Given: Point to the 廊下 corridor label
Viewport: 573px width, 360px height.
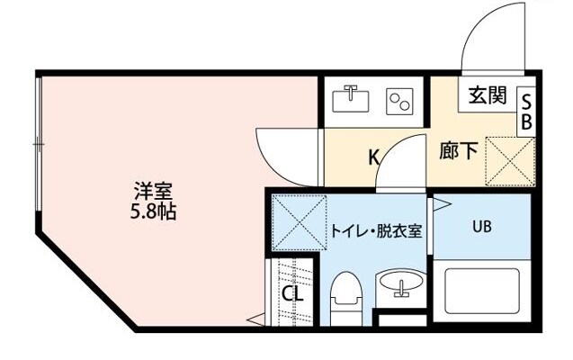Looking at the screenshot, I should click(x=459, y=151).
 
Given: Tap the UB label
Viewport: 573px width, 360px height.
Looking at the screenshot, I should click(x=481, y=226).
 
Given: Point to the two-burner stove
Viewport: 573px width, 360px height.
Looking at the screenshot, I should click(x=398, y=101).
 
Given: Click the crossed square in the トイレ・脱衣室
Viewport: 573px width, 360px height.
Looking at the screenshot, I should click(x=296, y=221).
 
